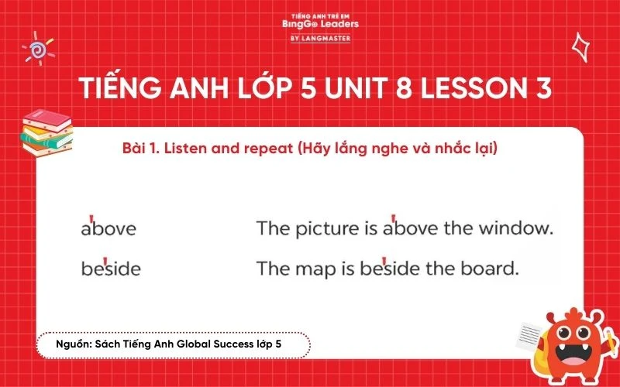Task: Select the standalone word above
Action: point(108,229)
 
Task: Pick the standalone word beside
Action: point(111,269)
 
